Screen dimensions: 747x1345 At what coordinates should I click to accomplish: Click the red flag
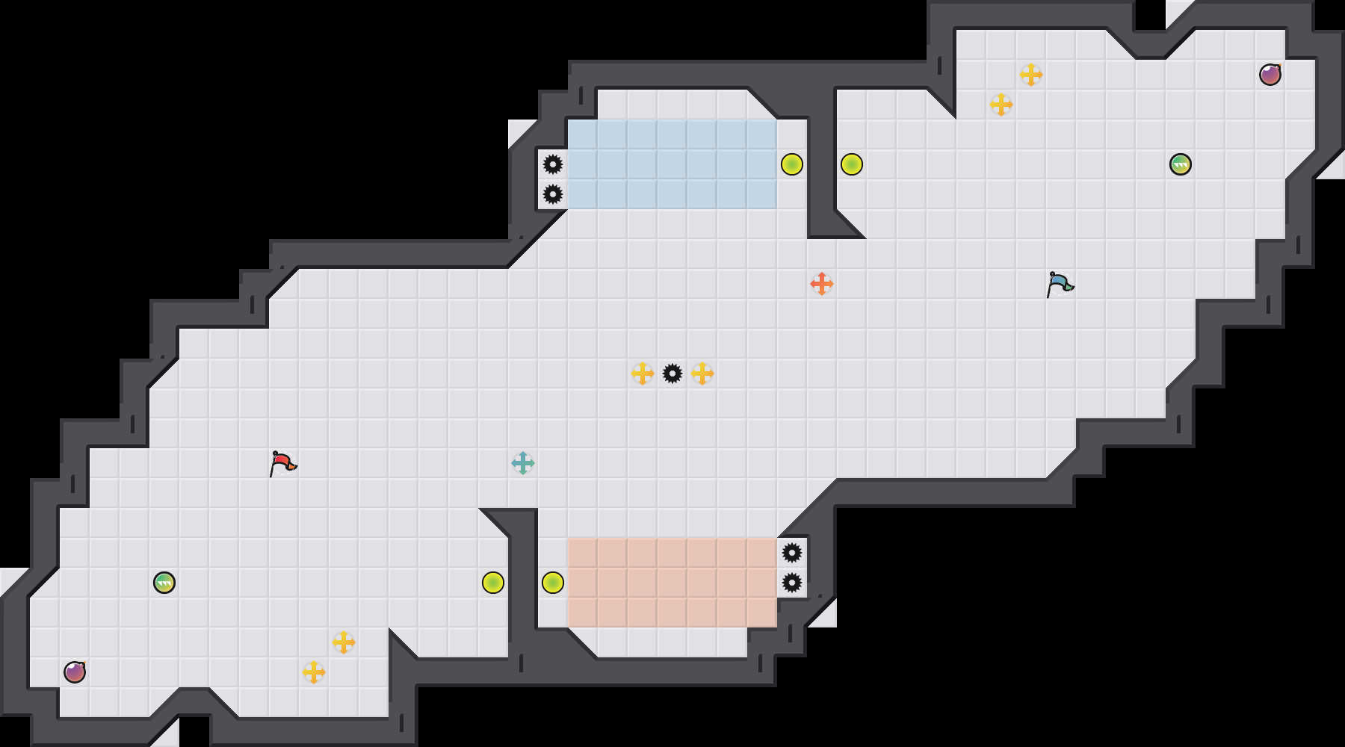coord(283,464)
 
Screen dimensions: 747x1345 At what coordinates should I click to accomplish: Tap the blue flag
coord(1060,284)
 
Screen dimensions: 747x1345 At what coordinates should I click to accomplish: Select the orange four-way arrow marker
coord(822,284)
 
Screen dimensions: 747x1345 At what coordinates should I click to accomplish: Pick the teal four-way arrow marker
coord(523,463)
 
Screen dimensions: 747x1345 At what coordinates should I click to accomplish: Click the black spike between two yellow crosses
coord(672,373)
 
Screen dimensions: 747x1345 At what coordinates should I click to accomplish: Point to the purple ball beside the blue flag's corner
coord(1270,75)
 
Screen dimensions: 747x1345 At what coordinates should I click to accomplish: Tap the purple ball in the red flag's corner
coord(75,672)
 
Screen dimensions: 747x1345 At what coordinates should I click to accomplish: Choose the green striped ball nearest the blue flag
coord(1181,164)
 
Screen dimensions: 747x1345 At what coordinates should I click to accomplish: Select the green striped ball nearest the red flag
coord(164,583)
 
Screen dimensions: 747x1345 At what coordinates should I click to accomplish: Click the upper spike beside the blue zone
coord(553,164)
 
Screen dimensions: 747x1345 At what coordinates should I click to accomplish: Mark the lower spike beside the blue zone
coord(553,194)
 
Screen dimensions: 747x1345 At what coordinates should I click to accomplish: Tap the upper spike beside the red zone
coord(792,553)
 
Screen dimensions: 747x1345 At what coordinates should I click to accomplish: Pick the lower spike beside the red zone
coord(792,583)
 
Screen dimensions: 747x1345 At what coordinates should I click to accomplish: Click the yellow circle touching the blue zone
coord(792,164)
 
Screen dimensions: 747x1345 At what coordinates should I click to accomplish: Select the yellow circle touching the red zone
coord(553,583)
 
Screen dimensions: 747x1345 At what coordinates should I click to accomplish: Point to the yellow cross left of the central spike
coord(643,373)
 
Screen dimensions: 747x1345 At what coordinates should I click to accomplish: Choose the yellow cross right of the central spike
coord(702,373)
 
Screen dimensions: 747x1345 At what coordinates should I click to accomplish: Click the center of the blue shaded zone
coord(672,164)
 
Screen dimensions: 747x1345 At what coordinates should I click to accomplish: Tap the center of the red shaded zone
coord(672,583)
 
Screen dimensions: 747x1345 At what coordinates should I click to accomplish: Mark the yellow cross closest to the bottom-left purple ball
coord(314,672)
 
